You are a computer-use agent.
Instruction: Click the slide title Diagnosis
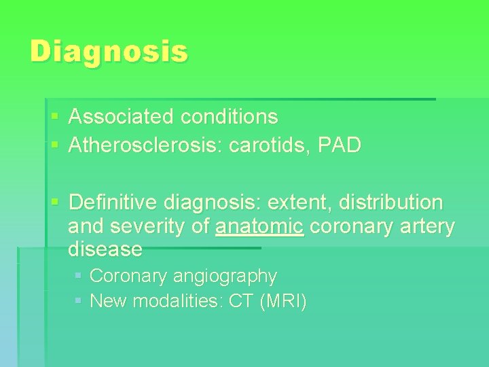point(109,52)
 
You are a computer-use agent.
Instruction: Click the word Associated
point(121,117)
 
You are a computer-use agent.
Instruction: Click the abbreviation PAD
point(343,145)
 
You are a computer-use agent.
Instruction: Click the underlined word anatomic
point(259,226)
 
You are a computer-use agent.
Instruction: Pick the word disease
point(105,249)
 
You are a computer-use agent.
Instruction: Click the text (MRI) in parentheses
point(283,301)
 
